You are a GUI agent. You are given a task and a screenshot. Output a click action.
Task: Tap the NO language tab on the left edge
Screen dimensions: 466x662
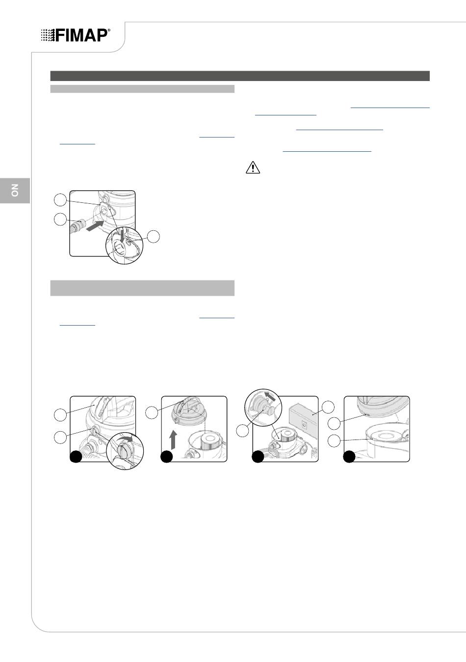tap(15, 191)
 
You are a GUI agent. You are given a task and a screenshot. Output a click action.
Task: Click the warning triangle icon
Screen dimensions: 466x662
tap(253, 167)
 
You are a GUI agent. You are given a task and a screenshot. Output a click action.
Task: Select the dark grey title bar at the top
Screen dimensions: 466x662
tap(240, 76)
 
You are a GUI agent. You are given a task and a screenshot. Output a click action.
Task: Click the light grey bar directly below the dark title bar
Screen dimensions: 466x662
tap(142, 89)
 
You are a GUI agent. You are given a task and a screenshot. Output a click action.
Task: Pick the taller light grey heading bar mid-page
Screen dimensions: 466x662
tap(142, 288)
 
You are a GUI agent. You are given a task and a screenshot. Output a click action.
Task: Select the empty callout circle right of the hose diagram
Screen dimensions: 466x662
tap(154, 237)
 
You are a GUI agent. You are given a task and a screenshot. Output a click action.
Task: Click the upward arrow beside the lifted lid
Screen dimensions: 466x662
tap(173, 440)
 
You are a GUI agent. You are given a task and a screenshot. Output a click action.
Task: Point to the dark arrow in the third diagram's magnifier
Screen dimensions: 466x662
tap(270, 397)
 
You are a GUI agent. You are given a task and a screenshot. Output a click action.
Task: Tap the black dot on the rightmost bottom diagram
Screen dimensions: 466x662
tap(349, 457)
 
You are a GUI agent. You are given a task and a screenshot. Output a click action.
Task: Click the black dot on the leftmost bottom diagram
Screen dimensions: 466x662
tap(76, 457)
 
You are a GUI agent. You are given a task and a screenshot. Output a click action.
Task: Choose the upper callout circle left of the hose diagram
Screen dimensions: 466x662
tap(60, 200)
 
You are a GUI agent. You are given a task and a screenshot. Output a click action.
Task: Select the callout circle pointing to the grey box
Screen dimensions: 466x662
tap(328, 407)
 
